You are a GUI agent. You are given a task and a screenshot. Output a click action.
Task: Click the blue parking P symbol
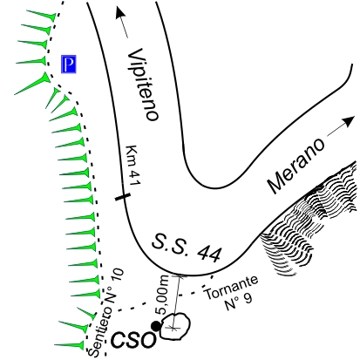click(69, 64)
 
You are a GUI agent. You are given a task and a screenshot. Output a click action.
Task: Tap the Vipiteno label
click(144, 85)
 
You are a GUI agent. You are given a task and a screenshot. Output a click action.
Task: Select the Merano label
click(295, 166)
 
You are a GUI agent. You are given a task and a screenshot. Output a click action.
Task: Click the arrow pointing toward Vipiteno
click(122, 23)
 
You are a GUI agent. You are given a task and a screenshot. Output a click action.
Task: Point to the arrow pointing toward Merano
click(341, 126)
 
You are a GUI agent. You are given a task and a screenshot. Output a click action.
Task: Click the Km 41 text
click(133, 165)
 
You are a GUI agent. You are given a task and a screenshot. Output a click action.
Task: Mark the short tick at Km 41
click(122, 197)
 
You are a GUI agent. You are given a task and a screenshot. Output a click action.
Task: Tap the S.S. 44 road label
click(187, 248)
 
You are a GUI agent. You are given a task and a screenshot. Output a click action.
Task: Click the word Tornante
click(232, 287)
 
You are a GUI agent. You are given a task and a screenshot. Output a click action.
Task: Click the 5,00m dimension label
click(161, 295)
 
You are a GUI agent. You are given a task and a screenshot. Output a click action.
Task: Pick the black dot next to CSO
click(156, 326)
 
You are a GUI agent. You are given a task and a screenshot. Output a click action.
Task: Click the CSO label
click(133, 339)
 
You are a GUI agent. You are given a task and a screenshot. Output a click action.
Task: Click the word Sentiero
click(100, 332)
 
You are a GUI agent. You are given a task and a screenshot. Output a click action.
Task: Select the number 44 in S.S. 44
click(209, 254)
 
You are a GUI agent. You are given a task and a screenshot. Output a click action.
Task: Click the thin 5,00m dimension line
click(176, 302)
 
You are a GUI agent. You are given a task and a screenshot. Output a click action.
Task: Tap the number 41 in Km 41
click(135, 177)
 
